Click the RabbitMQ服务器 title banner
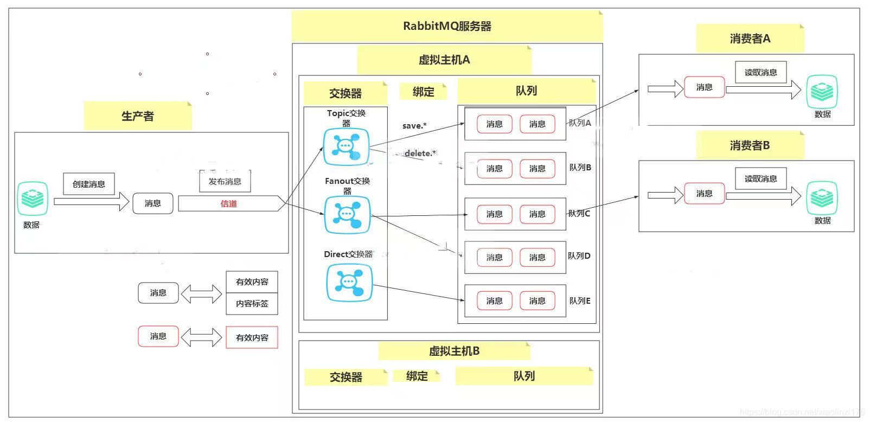[447, 26]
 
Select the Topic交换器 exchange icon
[346, 146]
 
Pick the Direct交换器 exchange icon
[349, 283]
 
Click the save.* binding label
[414, 126]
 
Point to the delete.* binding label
[420, 154]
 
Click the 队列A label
[579, 123]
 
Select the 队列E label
[579, 301]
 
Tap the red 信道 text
[229, 204]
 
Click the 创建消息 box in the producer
[89, 184]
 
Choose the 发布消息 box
[225, 182]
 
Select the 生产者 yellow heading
[138, 116]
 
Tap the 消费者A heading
[750, 39]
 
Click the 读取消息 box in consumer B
[760, 178]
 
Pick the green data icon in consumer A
[822, 92]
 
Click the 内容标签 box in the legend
[252, 304]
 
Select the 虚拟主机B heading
[454, 351]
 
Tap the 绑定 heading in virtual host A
[423, 92]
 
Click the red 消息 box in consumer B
[704, 194]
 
